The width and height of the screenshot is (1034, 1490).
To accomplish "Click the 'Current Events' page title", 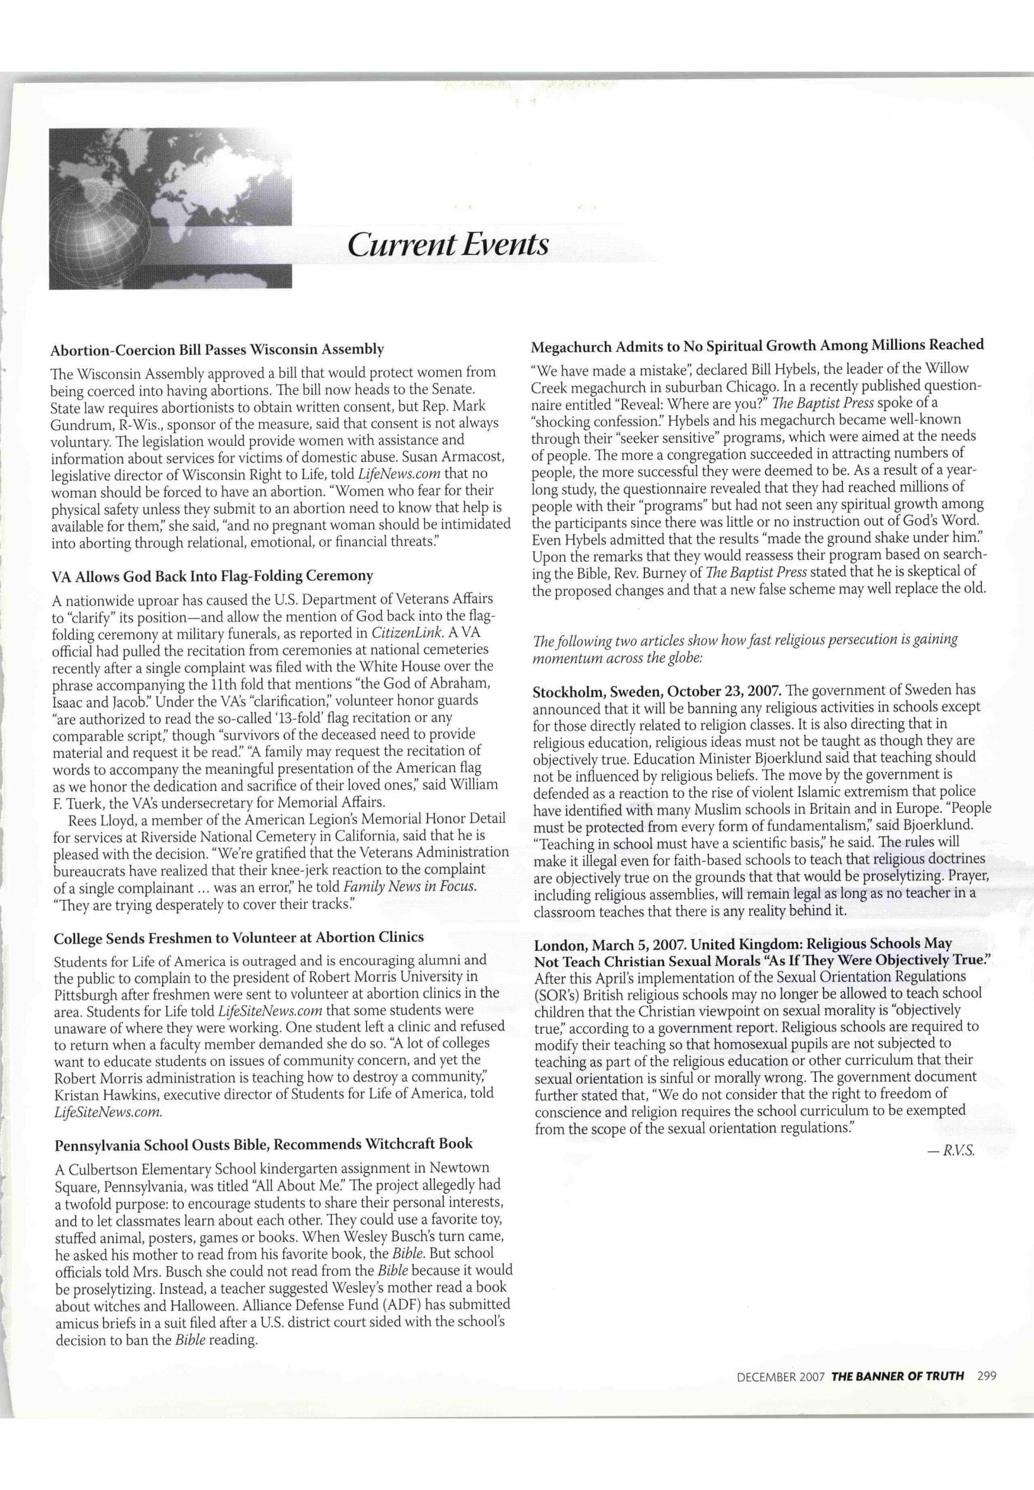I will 448,245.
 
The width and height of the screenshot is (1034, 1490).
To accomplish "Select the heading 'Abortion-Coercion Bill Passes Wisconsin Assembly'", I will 217,350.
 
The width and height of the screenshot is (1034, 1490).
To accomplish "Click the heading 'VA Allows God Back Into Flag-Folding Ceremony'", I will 212,576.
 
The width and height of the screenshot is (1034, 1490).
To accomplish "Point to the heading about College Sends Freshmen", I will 238,937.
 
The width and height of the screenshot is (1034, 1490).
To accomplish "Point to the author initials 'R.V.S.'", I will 962,1151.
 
